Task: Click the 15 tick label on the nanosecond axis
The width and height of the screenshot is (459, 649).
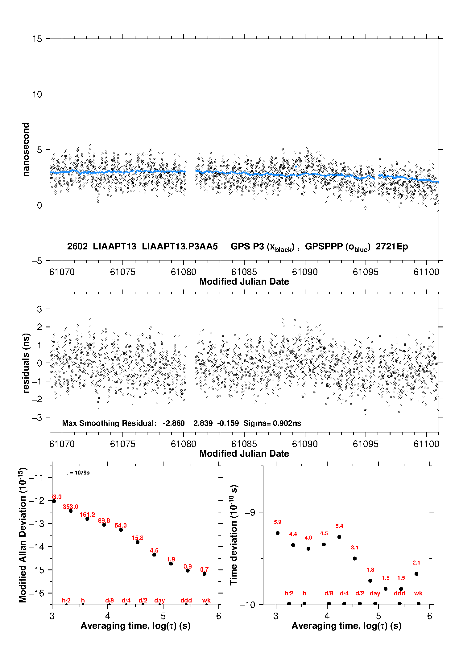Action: pos(37,39)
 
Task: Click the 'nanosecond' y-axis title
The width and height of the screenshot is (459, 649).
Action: pos(26,150)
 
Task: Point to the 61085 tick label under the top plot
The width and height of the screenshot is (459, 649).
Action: pos(244,272)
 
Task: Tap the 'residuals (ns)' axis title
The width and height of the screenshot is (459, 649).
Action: pos(26,363)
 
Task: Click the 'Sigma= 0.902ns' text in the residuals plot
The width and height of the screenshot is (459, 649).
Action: pos(272,423)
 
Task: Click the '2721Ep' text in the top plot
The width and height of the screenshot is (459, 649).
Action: pos(391,246)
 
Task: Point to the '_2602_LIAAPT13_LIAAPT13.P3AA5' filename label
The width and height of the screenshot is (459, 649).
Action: pos(140,246)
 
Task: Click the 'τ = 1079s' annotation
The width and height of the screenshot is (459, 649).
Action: pos(78,473)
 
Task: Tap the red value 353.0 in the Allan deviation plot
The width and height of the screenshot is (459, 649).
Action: pos(71,507)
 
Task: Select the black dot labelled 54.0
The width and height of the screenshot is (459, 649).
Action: pos(121,530)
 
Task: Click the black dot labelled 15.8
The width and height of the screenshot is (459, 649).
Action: pos(138,542)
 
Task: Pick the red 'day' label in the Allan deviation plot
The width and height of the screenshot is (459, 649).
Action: pos(159,600)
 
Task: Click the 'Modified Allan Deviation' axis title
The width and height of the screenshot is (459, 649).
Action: pos(23,535)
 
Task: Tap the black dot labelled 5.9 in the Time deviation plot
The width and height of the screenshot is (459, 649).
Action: pos(278,533)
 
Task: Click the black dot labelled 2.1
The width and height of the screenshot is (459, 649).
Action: pos(416,574)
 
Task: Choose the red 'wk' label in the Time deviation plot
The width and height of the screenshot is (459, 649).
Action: pos(418,593)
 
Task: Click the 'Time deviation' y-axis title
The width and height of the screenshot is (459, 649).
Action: pos(234,535)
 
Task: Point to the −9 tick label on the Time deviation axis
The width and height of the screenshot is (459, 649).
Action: pos(250,512)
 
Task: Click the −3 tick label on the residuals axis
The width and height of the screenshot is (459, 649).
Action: pos(37,417)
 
